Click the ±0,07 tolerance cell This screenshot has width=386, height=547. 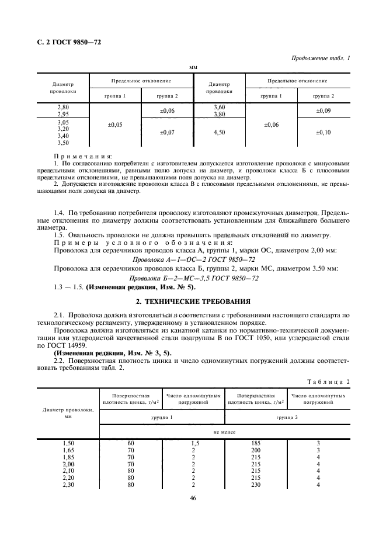168,133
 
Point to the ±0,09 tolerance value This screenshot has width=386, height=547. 323,110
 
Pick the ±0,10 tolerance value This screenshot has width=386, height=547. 323,133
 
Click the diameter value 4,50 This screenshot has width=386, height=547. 220,133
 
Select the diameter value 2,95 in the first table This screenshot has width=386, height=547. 63,114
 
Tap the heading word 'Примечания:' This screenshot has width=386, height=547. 82,157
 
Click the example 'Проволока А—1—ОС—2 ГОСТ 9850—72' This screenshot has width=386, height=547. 194,259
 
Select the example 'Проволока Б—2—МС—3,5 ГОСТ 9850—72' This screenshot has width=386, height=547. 194,278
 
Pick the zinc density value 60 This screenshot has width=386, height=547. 131,444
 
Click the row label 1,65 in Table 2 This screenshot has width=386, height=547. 68,451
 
